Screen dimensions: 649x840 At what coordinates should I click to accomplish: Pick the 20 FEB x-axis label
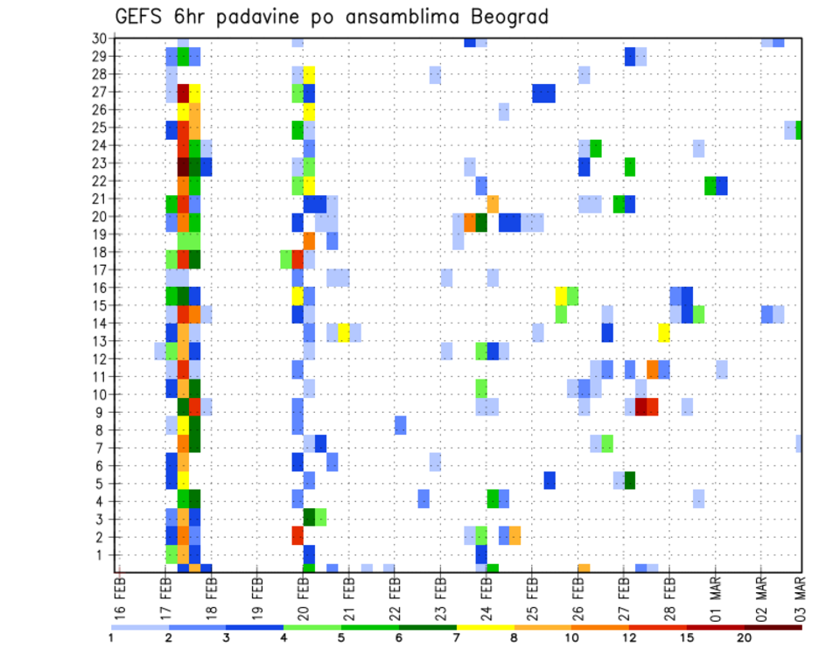[303, 597]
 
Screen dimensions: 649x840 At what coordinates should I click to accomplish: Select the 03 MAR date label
[801, 597]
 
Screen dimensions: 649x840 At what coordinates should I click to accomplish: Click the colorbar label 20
[744, 638]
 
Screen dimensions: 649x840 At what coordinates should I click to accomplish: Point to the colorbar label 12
[629, 638]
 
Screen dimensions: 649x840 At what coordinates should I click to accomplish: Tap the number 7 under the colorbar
[457, 638]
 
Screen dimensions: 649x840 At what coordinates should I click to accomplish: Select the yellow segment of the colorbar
[485, 626]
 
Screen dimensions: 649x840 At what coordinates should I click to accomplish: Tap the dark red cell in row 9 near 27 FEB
[640, 407]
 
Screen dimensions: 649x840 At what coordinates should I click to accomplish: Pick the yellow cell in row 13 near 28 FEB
[664, 332]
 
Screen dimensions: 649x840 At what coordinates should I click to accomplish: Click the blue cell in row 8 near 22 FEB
[400, 425]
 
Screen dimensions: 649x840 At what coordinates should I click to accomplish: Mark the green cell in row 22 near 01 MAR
[710, 185]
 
